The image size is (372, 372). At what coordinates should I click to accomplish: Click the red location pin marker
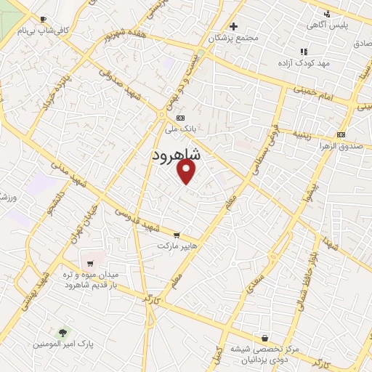click(187, 171)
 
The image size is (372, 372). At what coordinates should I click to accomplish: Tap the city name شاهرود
click(182, 156)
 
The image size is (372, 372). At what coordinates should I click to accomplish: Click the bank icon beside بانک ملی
click(180, 118)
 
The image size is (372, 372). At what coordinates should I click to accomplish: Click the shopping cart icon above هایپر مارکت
click(177, 235)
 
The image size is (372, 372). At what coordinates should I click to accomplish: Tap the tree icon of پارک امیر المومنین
click(64, 332)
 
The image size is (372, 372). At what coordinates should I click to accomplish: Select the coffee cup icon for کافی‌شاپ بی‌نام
click(43, 19)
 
